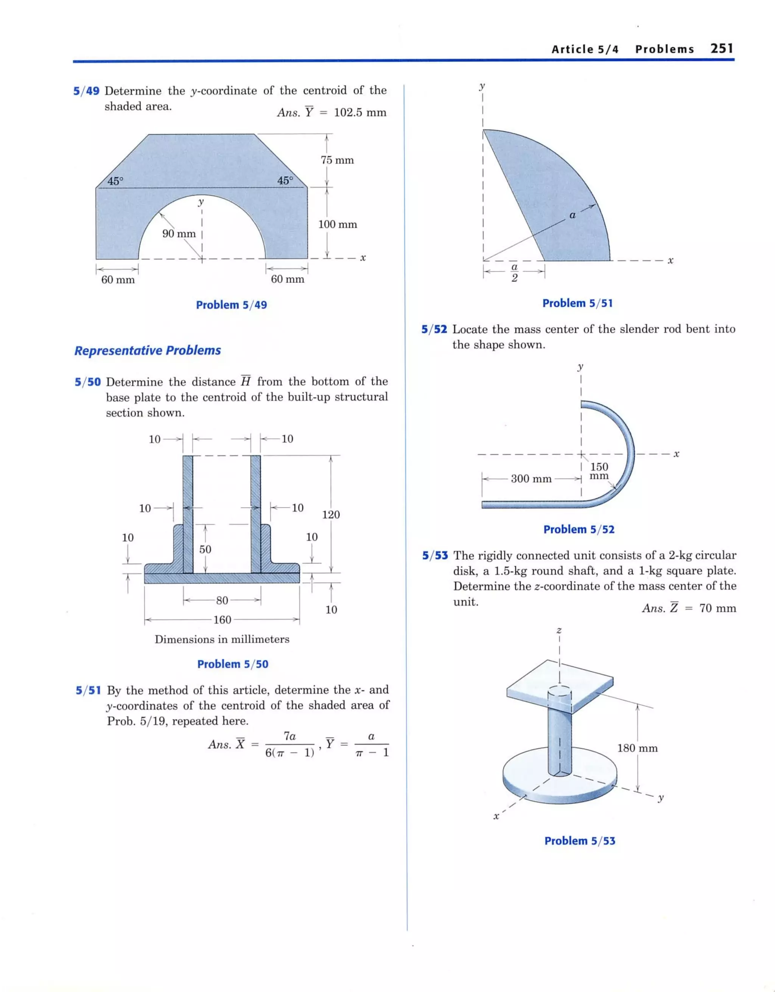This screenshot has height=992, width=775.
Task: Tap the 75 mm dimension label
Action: coord(337,160)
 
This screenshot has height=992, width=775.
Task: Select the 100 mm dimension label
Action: coord(337,224)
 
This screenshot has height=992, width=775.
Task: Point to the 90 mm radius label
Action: coord(179,234)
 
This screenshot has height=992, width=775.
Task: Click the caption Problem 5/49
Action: coord(231,305)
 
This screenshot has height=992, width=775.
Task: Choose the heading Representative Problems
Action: coord(148,351)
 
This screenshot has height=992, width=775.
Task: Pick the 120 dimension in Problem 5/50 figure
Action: coord(330,515)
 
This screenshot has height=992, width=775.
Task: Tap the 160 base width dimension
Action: coord(222,620)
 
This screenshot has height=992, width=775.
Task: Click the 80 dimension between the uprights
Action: coord(222,601)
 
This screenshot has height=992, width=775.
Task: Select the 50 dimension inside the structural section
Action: coord(205,549)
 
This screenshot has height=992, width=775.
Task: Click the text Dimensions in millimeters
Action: coord(222,640)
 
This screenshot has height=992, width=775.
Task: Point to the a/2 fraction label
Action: coord(514,273)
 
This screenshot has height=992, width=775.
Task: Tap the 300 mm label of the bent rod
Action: coord(531,479)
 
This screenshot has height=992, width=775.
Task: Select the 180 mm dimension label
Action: coord(637,748)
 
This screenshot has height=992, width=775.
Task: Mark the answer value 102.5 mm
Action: coord(359,113)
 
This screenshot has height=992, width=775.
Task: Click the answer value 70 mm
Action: coord(717,608)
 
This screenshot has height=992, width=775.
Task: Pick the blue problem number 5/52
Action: coord(434,329)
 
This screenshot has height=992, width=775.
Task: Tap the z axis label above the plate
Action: coord(559,630)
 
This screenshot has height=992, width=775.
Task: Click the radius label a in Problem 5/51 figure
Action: coord(572,215)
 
